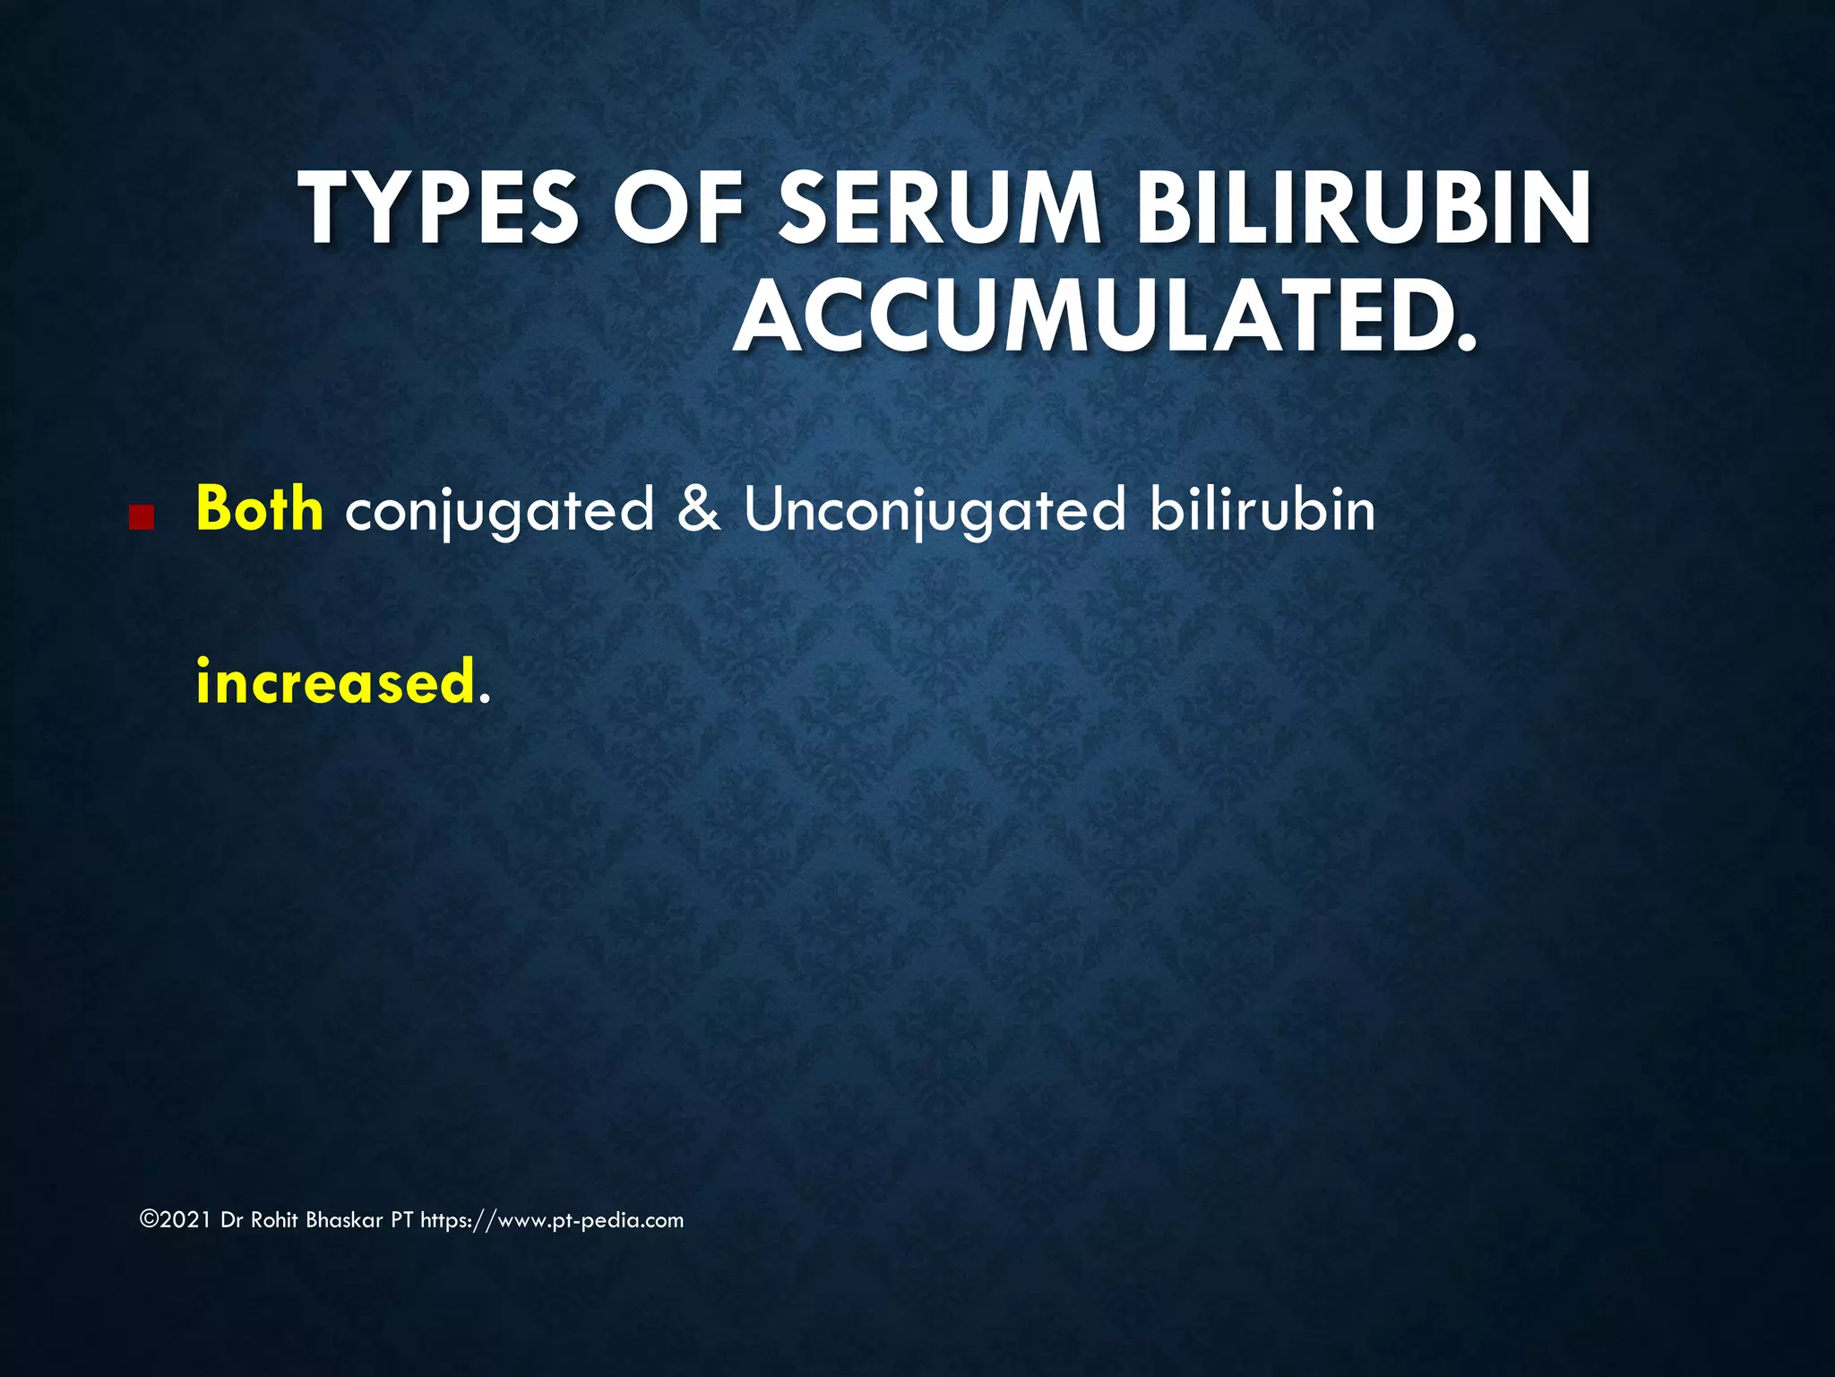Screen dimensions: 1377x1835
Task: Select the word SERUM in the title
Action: click(x=939, y=209)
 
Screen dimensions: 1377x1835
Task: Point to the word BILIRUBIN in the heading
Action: click(x=1363, y=209)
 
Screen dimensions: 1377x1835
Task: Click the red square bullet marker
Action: click(x=141, y=517)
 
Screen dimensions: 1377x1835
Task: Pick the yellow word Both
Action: click(x=259, y=509)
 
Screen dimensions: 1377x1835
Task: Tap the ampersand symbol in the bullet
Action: click(x=699, y=509)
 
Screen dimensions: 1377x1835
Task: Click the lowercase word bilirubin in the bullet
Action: click(x=1262, y=509)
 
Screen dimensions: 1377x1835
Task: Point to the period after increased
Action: click(x=485, y=699)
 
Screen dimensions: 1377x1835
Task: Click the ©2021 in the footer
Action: click(x=176, y=1220)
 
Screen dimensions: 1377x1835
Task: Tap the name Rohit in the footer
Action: click(x=275, y=1220)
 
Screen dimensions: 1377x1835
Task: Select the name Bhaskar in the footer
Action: click(x=344, y=1220)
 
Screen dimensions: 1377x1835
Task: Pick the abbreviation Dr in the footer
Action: click(x=231, y=1220)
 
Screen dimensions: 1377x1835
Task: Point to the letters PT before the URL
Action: click(x=401, y=1220)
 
